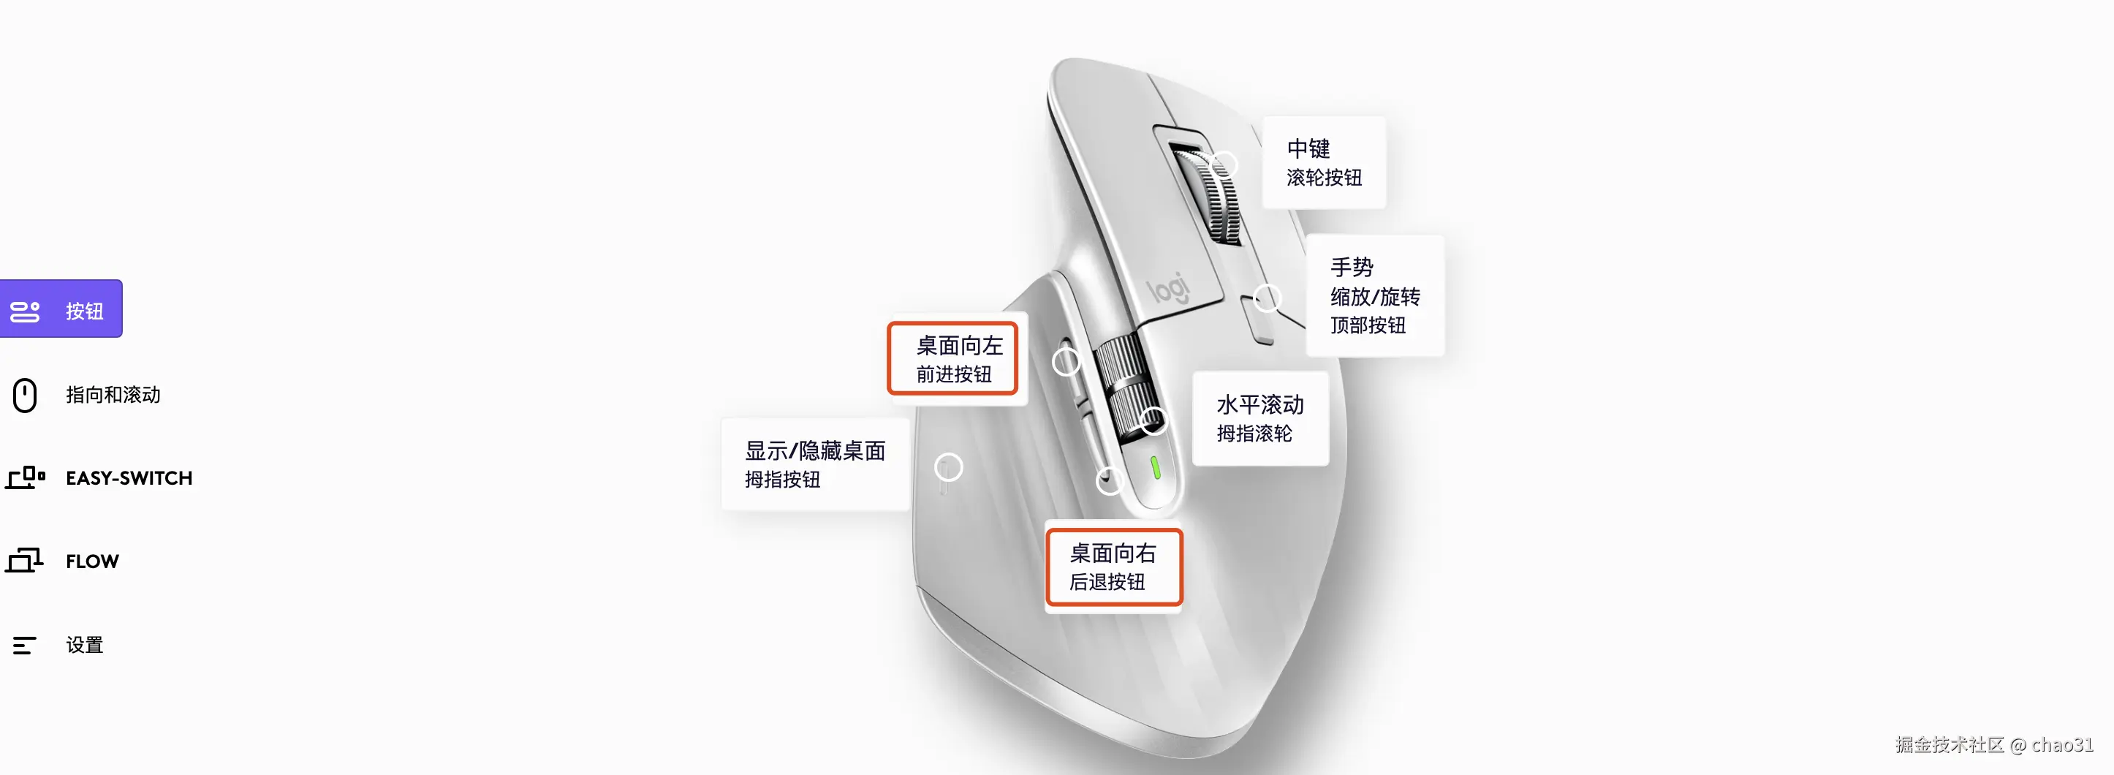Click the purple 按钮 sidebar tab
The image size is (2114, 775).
pyautogui.click(x=61, y=309)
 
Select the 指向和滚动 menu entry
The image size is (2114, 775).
pyautogui.click(x=113, y=395)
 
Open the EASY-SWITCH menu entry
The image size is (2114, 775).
pyautogui.click(x=129, y=478)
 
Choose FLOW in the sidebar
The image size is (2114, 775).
pyautogui.click(x=92, y=562)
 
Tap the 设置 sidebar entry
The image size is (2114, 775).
pyautogui.click(x=85, y=646)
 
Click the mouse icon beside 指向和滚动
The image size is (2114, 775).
pyautogui.click(x=25, y=395)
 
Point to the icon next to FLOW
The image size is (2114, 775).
pyautogui.click(x=25, y=561)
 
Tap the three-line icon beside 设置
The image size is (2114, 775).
pyautogui.click(x=25, y=646)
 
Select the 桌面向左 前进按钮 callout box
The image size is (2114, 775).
pyautogui.click(x=952, y=359)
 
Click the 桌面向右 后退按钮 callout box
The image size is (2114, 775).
pyautogui.click(x=1113, y=567)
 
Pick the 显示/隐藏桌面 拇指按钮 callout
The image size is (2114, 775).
pyautogui.click(x=815, y=465)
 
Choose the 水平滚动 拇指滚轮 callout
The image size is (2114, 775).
pyautogui.click(x=1259, y=419)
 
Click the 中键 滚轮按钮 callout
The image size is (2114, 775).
pyautogui.click(x=1324, y=162)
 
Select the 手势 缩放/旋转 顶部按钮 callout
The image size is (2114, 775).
pyautogui.click(x=1374, y=295)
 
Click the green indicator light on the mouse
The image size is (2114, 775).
pyautogui.click(x=1156, y=467)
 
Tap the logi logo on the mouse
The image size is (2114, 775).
pyautogui.click(x=1168, y=288)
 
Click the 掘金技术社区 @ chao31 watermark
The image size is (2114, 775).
pyautogui.click(x=1994, y=744)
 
